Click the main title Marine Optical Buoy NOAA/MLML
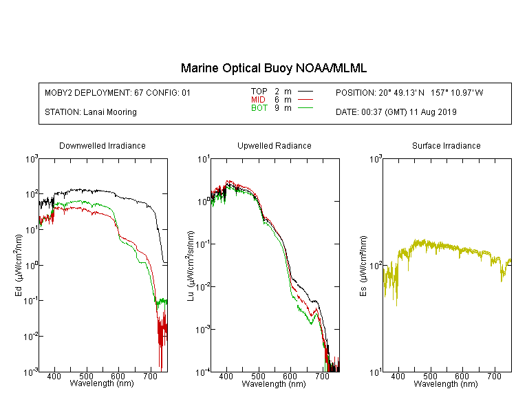[274, 68]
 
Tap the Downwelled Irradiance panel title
[103, 146]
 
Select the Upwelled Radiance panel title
[274, 146]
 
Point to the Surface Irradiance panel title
[446, 146]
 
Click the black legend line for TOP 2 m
[306, 92]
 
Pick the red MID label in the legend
[259, 100]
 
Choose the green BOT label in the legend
[259, 108]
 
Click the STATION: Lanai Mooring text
[91, 112]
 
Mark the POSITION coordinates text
[409, 92]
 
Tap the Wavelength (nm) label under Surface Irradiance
[446, 384]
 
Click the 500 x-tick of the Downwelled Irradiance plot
[86, 377]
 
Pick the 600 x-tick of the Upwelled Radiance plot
[290, 377]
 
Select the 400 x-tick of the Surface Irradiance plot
[398, 377]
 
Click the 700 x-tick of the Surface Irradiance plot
[494, 377]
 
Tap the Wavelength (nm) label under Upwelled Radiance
[274, 384]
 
